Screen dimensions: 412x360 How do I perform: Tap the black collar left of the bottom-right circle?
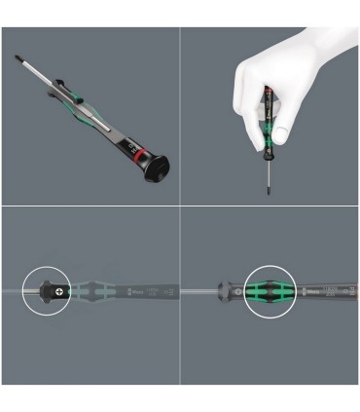click(228, 291)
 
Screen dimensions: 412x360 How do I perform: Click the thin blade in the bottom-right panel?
click(199, 291)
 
